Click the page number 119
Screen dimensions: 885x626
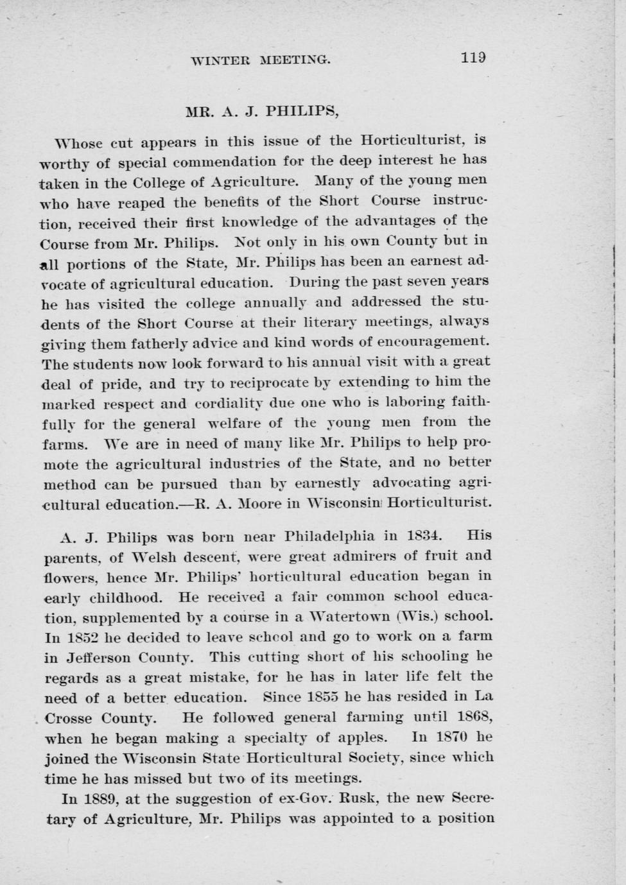click(473, 57)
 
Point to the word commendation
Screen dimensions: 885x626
click(214, 161)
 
